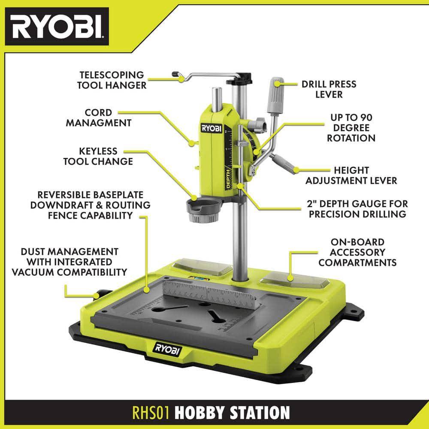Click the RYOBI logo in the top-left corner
point(57,27)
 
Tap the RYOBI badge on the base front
point(167,349)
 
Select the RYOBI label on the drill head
point(211,128)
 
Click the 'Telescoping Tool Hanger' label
point(112,80)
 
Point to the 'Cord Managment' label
point(99,118)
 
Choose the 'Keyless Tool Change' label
point(98,156)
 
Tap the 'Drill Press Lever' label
point(329,89)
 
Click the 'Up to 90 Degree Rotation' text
point(351,128)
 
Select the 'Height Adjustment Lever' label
point(351,175)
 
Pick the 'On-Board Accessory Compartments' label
point(357,252)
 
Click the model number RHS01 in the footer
point(151,412)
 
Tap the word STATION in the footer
point(260,413)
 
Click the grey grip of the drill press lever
point(275,95)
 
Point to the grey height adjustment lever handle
point(284,162)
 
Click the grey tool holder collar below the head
point(203,209)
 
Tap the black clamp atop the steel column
point(239,79)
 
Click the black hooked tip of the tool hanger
point(175,74)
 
